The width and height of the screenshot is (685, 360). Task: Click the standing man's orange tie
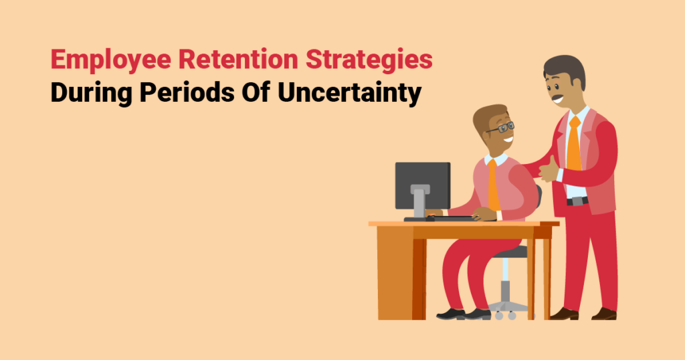click(574, 145)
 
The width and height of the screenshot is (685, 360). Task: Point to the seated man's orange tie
click(494, 185)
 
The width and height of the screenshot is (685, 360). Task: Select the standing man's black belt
click(577, 200)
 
